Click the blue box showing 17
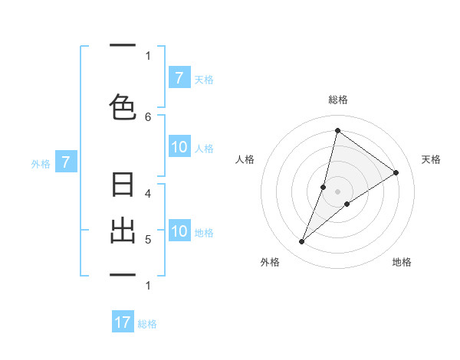pyautogui.click(x=123, y=322)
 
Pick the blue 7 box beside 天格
pyautogui.click(x=179, y=77)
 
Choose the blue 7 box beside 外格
pyautogui.click(x=67, y=162)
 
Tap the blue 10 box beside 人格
pyautogui.click(x=179, y=147)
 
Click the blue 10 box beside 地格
pyautogui.click(x=179, y=231)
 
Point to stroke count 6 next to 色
pyautogui.click(x=148, y=116)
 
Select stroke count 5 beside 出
pyautogui.click(x=148, y=239)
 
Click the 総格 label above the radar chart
pyautogui.click(x=338, y=100)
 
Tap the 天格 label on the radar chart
pyautogui.click(x=431, y=159)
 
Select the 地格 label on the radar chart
pyautogui.click(x=402, y=262)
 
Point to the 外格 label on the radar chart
pyautogui.click(x=270, y=262)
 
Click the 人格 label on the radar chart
pyautogui.click(x=245, y=159)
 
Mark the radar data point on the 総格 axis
pyautogui.click(x=337, y=130)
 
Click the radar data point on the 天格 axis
pyautogui.click(x=396, y=172)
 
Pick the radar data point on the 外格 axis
pyautogui.click(x=302, y=242)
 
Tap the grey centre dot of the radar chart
pyautogui.click(x=338, y=191)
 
